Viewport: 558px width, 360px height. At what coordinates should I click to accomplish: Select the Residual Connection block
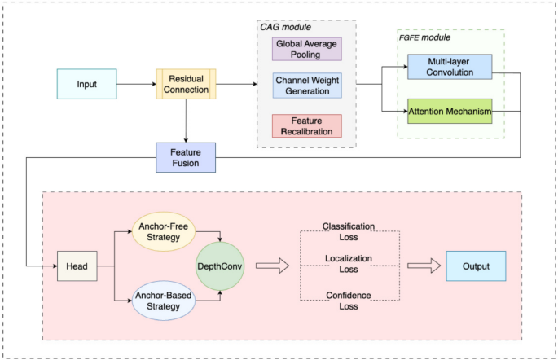(187, 83)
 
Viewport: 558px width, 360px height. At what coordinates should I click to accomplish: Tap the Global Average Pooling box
(307, 48)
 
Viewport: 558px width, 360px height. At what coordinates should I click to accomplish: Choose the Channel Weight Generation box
(307, 86)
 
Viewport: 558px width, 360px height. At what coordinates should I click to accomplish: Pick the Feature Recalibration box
(307, 125)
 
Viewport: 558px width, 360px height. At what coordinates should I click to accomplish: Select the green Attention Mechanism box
(449, 110)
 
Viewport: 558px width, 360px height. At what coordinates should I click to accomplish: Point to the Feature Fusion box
(187, 156)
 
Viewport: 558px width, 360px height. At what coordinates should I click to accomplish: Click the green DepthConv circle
(219, 266)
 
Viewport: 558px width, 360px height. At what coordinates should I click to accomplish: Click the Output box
(476, 266)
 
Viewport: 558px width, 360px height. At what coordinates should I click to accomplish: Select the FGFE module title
(424, 38)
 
